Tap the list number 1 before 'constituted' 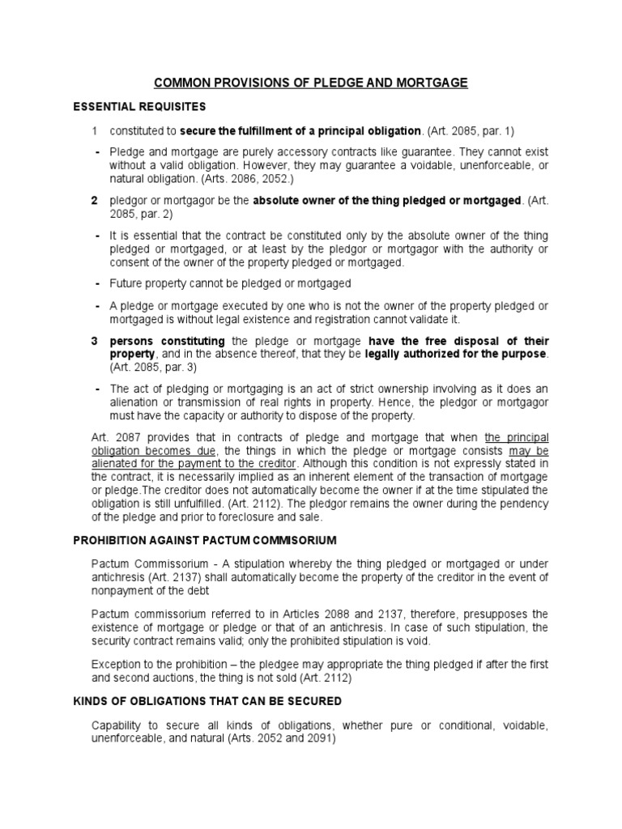coord(95,131)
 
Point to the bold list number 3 coord(95,341)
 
